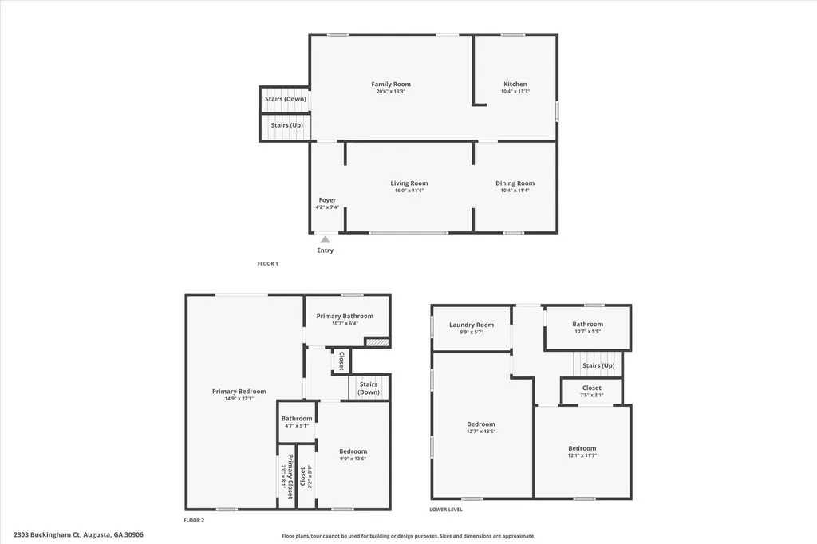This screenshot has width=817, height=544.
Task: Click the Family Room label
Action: (391, 84)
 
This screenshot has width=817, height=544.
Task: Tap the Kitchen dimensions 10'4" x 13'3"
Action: (515, 92)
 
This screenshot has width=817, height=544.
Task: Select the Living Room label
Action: (408, 183)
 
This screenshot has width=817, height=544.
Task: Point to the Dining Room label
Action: (515, 183)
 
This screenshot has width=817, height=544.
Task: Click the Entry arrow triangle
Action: (325, 238)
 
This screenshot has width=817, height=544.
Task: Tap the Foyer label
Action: (327, 200)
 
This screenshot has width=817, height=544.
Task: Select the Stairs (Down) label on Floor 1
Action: (285, 99)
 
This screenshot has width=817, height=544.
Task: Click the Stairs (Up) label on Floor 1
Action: (286, 125)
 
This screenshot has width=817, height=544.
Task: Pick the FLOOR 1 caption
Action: (267, 263)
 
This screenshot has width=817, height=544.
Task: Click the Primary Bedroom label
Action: (239, 392)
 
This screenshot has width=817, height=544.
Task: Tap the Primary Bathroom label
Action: (345, 316)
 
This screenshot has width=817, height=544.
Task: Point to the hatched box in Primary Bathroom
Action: (377, 342)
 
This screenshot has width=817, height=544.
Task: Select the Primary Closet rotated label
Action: (290, 477)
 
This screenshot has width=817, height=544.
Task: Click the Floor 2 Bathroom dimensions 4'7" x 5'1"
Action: (296, 425)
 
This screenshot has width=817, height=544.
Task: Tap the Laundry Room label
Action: (472, 325)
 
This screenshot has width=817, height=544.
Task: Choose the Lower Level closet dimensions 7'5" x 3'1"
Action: (591, 395)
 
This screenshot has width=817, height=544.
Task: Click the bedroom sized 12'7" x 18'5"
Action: (480, 424)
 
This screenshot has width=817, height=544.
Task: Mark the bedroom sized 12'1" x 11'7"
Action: (582, 448)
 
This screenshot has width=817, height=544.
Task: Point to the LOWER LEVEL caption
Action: (445, 509)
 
